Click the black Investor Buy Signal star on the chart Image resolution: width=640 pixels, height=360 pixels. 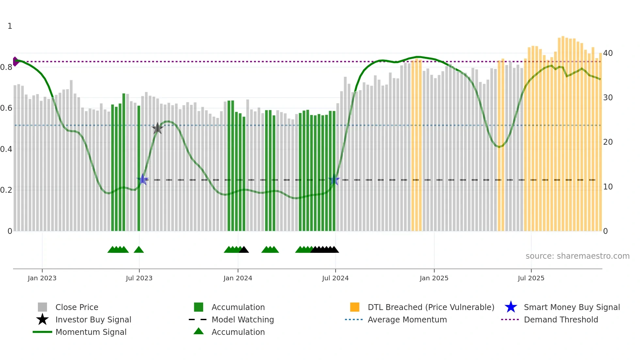pos(157,128)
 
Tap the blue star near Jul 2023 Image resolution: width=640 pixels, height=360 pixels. pos(142,180)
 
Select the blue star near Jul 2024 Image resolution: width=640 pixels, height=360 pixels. pos(334,180)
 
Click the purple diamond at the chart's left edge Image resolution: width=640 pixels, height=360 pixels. pos(15,61)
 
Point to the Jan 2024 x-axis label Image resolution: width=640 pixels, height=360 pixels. pos(238,278)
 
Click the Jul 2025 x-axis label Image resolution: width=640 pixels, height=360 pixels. pos(531,278)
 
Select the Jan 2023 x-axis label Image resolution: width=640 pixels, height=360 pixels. pos(42,278)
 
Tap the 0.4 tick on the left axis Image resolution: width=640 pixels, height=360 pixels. pos(6,149)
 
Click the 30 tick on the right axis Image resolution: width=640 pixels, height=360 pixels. pos(608,97)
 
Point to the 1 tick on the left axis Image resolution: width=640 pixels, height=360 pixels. pos(10,26)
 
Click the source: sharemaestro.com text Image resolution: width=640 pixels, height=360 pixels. pos(577,256)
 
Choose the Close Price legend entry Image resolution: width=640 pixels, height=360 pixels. pos(77,307)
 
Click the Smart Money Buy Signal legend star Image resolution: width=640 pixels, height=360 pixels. pos(511,307)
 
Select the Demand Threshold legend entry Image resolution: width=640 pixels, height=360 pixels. pos(561,319)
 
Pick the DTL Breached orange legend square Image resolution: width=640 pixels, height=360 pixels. pos(355,307)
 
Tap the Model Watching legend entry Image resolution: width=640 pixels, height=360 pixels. pos(243,319)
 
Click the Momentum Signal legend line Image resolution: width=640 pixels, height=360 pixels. pos(42,332)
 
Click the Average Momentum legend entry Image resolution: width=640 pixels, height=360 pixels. pos(407,319)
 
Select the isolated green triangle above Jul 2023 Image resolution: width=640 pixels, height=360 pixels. pos(139,250)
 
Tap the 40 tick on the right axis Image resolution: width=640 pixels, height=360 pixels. pos(608,53)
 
